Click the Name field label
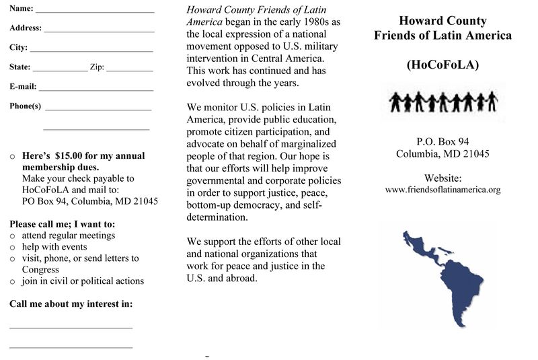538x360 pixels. [x=21, y=9]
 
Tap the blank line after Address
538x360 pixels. [x=99, y=30]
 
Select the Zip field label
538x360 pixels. [x=96, y=67]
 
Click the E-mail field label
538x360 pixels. [x=23, y=87]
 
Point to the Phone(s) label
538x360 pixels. [x=26, y=106]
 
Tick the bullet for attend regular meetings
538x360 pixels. [x=13, y=236]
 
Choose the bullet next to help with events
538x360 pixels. [x=13, y=247]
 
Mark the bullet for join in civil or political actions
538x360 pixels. [x=13, y=281]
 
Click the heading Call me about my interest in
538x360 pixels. [x=71, y=303]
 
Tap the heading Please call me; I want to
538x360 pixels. [x=62, y=223]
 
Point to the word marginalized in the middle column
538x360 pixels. [x=292, y=144]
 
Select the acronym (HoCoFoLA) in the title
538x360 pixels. [x=442, y=65]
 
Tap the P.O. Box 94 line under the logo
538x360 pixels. [x=443, y=141]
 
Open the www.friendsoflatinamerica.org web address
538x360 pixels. [x=443, y=190]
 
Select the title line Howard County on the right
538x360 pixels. [x=443, y=21]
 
